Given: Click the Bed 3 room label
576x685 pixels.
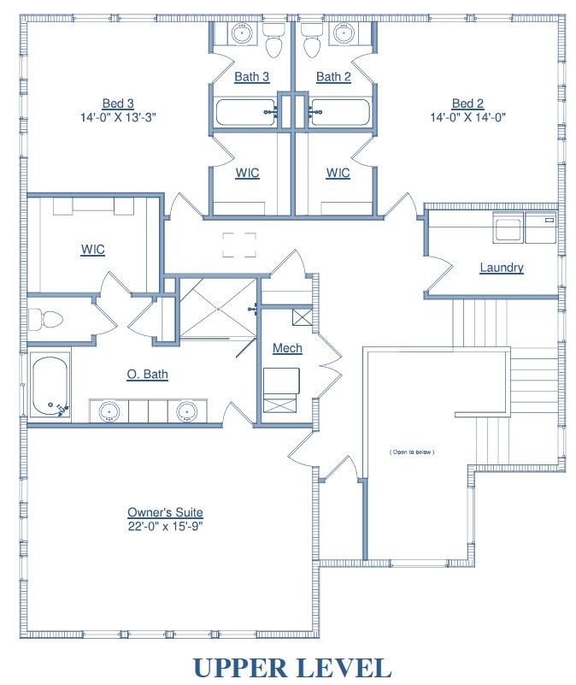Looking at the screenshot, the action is coord(118,103).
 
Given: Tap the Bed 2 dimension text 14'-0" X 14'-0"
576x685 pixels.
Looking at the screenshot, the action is coord(467,117).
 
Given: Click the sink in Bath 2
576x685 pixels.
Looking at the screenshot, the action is coord(344,32).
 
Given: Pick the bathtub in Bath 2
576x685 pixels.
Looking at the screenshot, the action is coord(340,112).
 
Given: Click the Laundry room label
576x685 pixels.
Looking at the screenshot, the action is coord(502,268).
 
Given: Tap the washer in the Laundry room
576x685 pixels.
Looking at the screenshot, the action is coord(508,227).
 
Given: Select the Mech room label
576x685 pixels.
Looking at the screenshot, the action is coord(287,348).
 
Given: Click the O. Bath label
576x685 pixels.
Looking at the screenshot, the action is coord(147,375).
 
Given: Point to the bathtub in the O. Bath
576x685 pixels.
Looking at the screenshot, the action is coord(50,385).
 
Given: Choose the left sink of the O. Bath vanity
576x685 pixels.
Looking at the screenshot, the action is coord(109,411).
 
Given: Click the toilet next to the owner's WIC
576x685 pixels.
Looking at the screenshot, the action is coord(45,319).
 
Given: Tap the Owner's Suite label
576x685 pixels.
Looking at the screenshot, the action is coord(165,512).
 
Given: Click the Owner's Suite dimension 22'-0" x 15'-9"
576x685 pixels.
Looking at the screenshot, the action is coord(165,526).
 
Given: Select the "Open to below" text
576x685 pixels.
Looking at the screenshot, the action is coord(412,452).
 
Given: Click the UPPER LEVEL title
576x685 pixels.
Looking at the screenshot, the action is coord(292,668).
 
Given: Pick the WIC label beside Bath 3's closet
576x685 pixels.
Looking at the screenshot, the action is coord(247,173).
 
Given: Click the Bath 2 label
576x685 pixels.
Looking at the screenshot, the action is coord(333,77).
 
